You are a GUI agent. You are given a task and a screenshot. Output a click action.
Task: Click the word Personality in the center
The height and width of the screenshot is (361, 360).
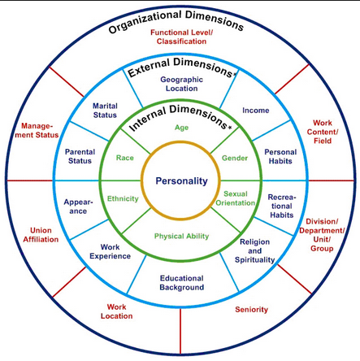(x=180, y=180)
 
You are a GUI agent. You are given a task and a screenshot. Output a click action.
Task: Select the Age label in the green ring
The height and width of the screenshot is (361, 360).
(x=181, y=128)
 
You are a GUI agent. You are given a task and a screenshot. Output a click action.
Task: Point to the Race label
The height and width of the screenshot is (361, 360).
(x=124, y=158)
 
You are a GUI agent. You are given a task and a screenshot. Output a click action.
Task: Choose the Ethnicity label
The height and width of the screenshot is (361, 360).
(x=123, y=198)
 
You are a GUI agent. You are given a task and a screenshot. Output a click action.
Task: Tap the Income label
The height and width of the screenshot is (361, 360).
(x=256, y=110)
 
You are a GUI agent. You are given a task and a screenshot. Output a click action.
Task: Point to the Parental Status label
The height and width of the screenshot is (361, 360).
(x=78, y=154)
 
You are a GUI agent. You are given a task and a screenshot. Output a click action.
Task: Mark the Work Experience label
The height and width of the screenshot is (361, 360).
(x=115, y=251)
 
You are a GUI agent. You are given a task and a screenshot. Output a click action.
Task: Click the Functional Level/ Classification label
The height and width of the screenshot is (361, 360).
(x=181, y=37)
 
